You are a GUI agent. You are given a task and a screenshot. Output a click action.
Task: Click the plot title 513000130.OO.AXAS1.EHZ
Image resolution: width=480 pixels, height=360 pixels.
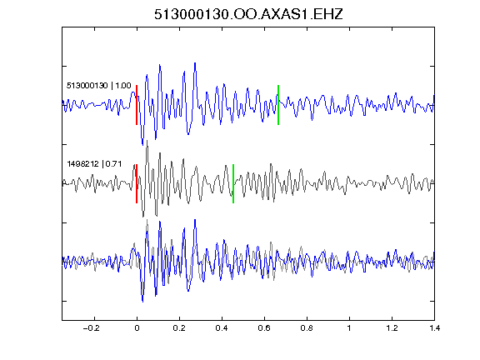[x=248, y=14]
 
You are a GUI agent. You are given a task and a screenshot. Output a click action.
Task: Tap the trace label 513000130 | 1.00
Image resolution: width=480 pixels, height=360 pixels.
[x=99, y=85]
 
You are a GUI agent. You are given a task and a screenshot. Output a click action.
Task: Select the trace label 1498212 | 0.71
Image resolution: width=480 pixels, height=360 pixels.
[x=94, y=164]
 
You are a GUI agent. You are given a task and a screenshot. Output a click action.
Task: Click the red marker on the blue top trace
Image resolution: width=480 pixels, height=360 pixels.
[x=137, y=105]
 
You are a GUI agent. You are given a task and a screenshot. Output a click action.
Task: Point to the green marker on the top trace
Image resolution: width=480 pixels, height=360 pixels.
[x=278, y=105]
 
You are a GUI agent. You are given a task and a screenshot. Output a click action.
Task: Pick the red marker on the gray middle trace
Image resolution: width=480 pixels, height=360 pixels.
[x=137, y=183]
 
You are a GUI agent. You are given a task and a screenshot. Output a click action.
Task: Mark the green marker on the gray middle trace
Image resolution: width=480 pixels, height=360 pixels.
[x=233, y=183]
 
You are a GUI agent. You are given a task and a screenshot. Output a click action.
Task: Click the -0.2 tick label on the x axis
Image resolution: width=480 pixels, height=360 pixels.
[x=91, y=328]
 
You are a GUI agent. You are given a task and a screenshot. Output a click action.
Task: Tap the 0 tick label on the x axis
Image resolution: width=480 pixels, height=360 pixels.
[x=137, y=328]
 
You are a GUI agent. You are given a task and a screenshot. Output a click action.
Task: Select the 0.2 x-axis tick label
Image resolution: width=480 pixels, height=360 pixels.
[x=179, y=328]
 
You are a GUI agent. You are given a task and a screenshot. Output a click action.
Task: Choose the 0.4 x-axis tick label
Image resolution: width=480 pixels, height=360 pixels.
[x=222, y=328]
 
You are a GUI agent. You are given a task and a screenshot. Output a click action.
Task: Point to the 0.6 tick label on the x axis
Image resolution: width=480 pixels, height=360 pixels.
[x=264, y=328]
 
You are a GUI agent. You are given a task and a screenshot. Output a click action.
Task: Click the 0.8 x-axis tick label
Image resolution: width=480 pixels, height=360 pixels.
[x=307, y=328]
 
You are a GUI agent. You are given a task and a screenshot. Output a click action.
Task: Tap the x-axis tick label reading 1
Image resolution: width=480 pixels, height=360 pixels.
[x=349, y=328]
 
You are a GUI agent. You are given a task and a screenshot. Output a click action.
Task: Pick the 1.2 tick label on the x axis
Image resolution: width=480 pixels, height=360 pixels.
[x=392, y=328]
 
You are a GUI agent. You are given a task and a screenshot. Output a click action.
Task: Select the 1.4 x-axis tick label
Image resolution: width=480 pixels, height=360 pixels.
[x=434, y=328]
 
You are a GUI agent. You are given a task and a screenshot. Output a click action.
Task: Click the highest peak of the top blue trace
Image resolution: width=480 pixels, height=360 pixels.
[x=195, y=63]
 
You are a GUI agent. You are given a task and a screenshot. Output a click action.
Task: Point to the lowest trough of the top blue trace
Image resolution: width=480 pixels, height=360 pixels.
[x=142, y=144]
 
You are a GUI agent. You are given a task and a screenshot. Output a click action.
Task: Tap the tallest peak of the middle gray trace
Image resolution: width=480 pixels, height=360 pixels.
[x=147, y=141]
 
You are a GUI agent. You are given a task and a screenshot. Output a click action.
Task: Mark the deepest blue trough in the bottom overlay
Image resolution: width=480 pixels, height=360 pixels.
[x=142, y=302]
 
